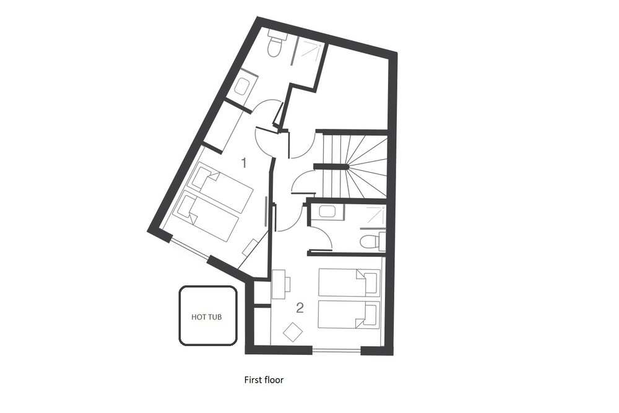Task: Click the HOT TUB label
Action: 207,316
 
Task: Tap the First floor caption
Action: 264,380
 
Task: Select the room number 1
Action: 244,162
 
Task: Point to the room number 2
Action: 300,308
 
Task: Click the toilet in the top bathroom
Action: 277,43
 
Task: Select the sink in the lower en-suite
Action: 327,212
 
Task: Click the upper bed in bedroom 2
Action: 349,282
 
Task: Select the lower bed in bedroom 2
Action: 349,315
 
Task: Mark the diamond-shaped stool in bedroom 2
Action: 293,332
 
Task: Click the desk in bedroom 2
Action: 280,284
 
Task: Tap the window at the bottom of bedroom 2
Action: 336,349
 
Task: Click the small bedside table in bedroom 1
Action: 250,247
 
